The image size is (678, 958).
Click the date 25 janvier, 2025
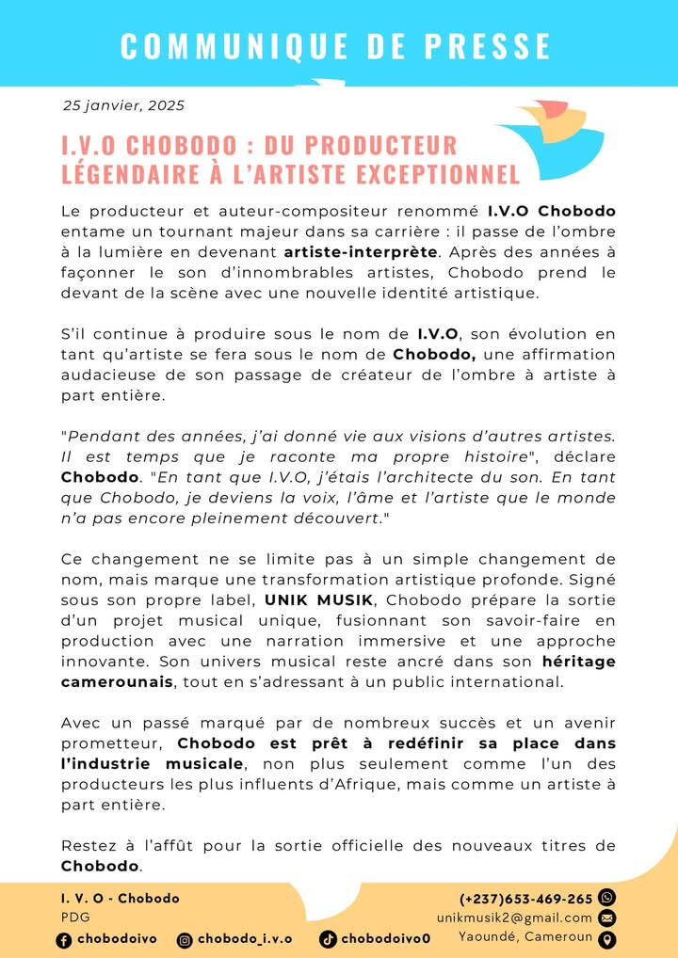coord(123,105)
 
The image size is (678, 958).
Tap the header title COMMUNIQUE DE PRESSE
coord(336,46)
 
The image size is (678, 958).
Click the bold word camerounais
coord(117,680)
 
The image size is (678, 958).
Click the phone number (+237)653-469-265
coord(526,899)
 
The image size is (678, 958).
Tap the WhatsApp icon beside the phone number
coord(607,898)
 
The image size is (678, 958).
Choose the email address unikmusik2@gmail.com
coord(514,918)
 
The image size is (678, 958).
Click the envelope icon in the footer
coord(607,918)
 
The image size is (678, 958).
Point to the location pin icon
coord(607,938)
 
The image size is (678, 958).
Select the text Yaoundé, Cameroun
coord(525,936)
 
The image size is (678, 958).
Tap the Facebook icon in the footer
coord(64,939)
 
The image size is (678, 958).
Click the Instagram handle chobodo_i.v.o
coord(244,939)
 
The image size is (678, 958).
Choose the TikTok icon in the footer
coord(328,939)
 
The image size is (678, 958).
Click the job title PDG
coord(71,917)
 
